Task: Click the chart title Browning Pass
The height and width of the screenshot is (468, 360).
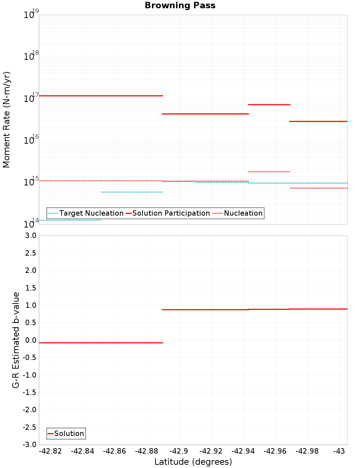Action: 180,5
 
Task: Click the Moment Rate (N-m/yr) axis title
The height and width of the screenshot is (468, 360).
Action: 6,120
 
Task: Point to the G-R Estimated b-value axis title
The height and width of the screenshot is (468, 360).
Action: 16,340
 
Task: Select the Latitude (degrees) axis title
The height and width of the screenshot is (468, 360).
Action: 193,462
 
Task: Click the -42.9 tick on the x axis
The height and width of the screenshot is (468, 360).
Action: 179,451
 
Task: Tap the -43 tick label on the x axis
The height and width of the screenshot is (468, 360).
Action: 339,451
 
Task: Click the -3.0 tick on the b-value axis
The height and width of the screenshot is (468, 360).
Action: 29,445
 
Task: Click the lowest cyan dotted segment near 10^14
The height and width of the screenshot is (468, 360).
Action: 70,220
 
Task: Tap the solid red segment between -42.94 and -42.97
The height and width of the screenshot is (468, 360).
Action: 269,105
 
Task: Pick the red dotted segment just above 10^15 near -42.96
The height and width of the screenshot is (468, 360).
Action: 269,172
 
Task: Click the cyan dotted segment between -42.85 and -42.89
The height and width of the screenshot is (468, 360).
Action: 132,192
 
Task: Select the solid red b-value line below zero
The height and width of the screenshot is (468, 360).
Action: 101,343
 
